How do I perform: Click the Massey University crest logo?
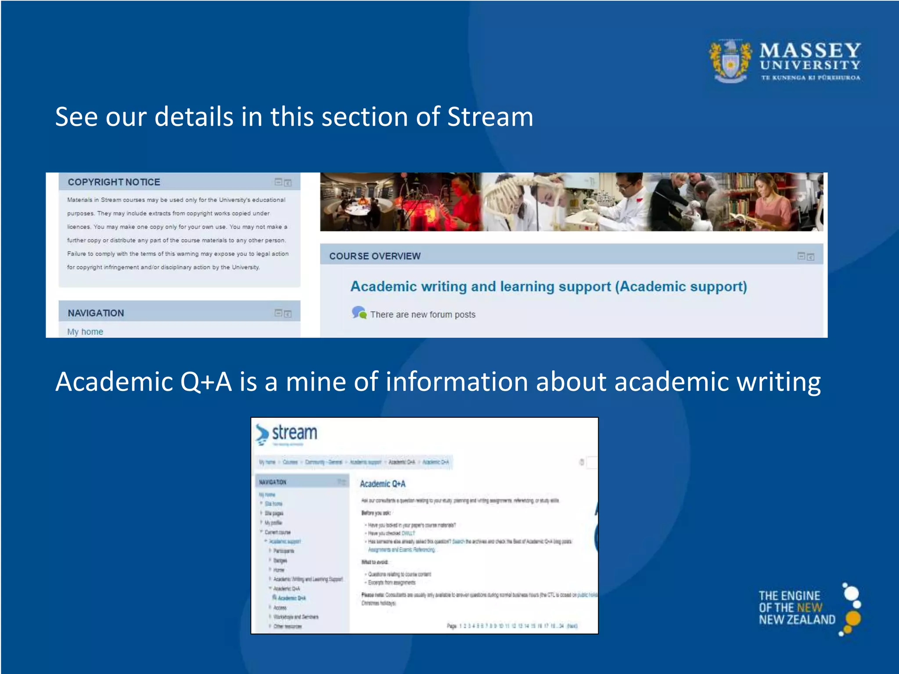coord(730,61)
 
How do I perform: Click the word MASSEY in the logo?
coord(810,50)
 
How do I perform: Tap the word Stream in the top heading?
coord(490,117)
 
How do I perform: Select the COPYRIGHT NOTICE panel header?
coord(114,182)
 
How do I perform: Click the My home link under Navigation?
coord(85,332)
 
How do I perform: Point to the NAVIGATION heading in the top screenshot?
coord(96,313)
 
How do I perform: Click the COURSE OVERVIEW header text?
coord(375,256)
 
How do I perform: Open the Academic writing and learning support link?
coord(548,287)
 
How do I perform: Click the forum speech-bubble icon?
coord(359,313)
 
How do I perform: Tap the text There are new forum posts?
coord(422,315)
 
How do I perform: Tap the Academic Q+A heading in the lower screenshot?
coord(382,484)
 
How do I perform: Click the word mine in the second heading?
coord(316,381)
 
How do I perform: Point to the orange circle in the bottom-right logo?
coord(852,618)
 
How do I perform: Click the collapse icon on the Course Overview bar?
coord(801,256)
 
